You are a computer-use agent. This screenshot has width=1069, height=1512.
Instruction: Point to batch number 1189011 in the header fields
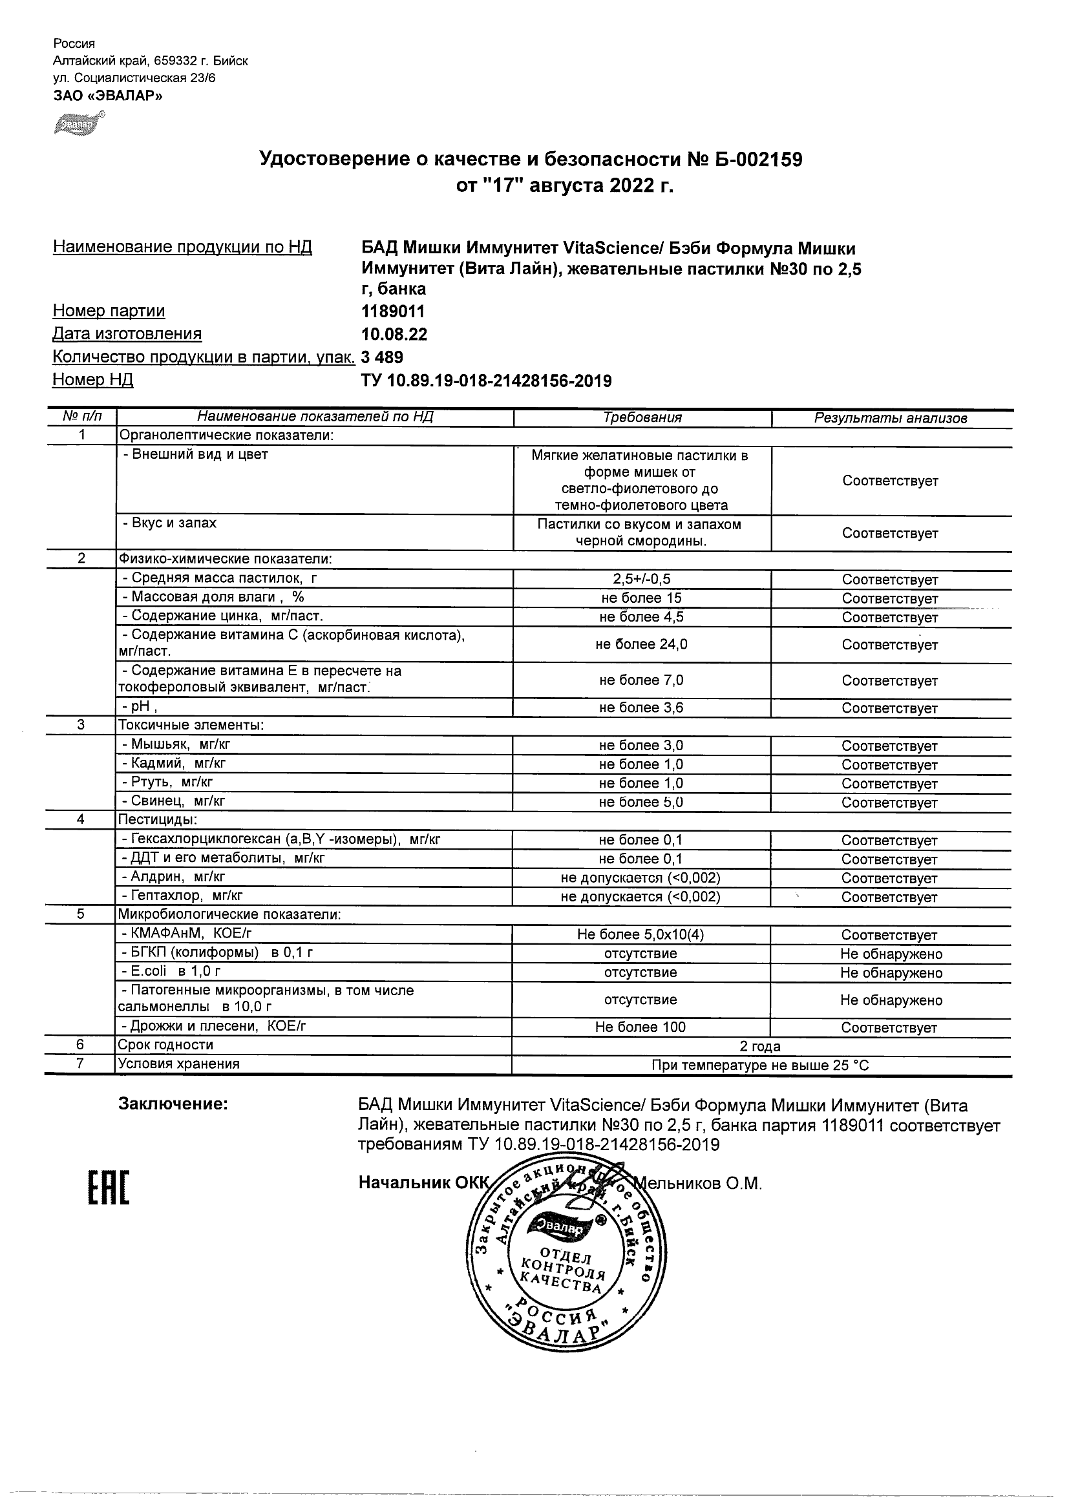392,311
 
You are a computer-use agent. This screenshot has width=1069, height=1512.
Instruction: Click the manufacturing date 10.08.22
394,334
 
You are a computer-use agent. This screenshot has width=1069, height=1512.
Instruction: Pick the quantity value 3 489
382,357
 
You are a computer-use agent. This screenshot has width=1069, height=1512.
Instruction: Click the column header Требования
642,417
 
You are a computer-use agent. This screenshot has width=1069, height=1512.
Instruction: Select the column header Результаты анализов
891,418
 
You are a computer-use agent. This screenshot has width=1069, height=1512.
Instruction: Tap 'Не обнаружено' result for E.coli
891,972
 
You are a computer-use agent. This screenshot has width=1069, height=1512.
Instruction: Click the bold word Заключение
173,1104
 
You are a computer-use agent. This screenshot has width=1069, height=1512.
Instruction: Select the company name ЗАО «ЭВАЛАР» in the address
107,96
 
